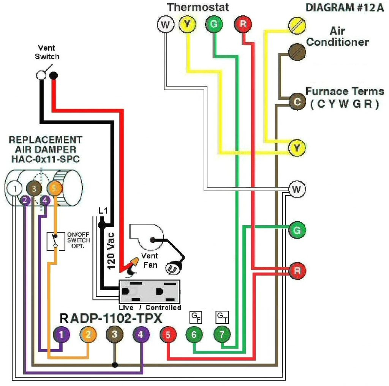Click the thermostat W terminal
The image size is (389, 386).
click(x=166, y=25)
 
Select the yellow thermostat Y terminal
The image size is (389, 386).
click(x=187, y=24)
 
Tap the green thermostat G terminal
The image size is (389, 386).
click(x=214, y=24)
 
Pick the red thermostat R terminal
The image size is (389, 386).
click(x=243, y=24)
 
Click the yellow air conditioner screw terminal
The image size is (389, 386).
click(x=297, y=25)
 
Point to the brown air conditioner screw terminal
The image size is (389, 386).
click(x=297, y=52)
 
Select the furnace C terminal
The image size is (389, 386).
click(x=297, y=101)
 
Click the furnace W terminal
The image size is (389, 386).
click(x=297, y=189)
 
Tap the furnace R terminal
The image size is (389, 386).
click(x=297, y=271)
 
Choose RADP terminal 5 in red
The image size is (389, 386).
click(x=168, y=335)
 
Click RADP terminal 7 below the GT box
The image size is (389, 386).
click(x=222, y=334)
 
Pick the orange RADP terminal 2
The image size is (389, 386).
click(x=88, y=335)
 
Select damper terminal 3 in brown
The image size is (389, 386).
click(x=34, y=188)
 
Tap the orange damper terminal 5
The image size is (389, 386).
click(x=55, y=188)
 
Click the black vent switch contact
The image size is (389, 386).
click(x=54, y=75)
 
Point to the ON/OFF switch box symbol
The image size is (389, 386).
click(x=56, y=241)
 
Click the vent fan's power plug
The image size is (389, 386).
click(x=173, y=268)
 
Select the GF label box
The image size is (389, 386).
click(x=196, y=317)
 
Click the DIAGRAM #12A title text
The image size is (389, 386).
click(x=344, y=8)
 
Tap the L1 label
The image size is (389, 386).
click(x=103, y=210)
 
